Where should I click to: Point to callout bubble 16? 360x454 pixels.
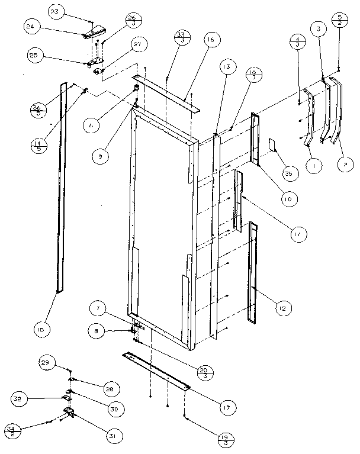(193, 41)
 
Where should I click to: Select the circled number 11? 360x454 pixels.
(297, 234)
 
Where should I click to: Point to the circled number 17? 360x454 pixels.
(226, 407)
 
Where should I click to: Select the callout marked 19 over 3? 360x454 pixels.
(225, 440)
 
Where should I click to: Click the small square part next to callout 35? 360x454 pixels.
(272, 144)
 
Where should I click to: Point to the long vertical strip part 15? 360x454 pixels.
(60, 189)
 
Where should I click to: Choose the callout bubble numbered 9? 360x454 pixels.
(103, 156)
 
